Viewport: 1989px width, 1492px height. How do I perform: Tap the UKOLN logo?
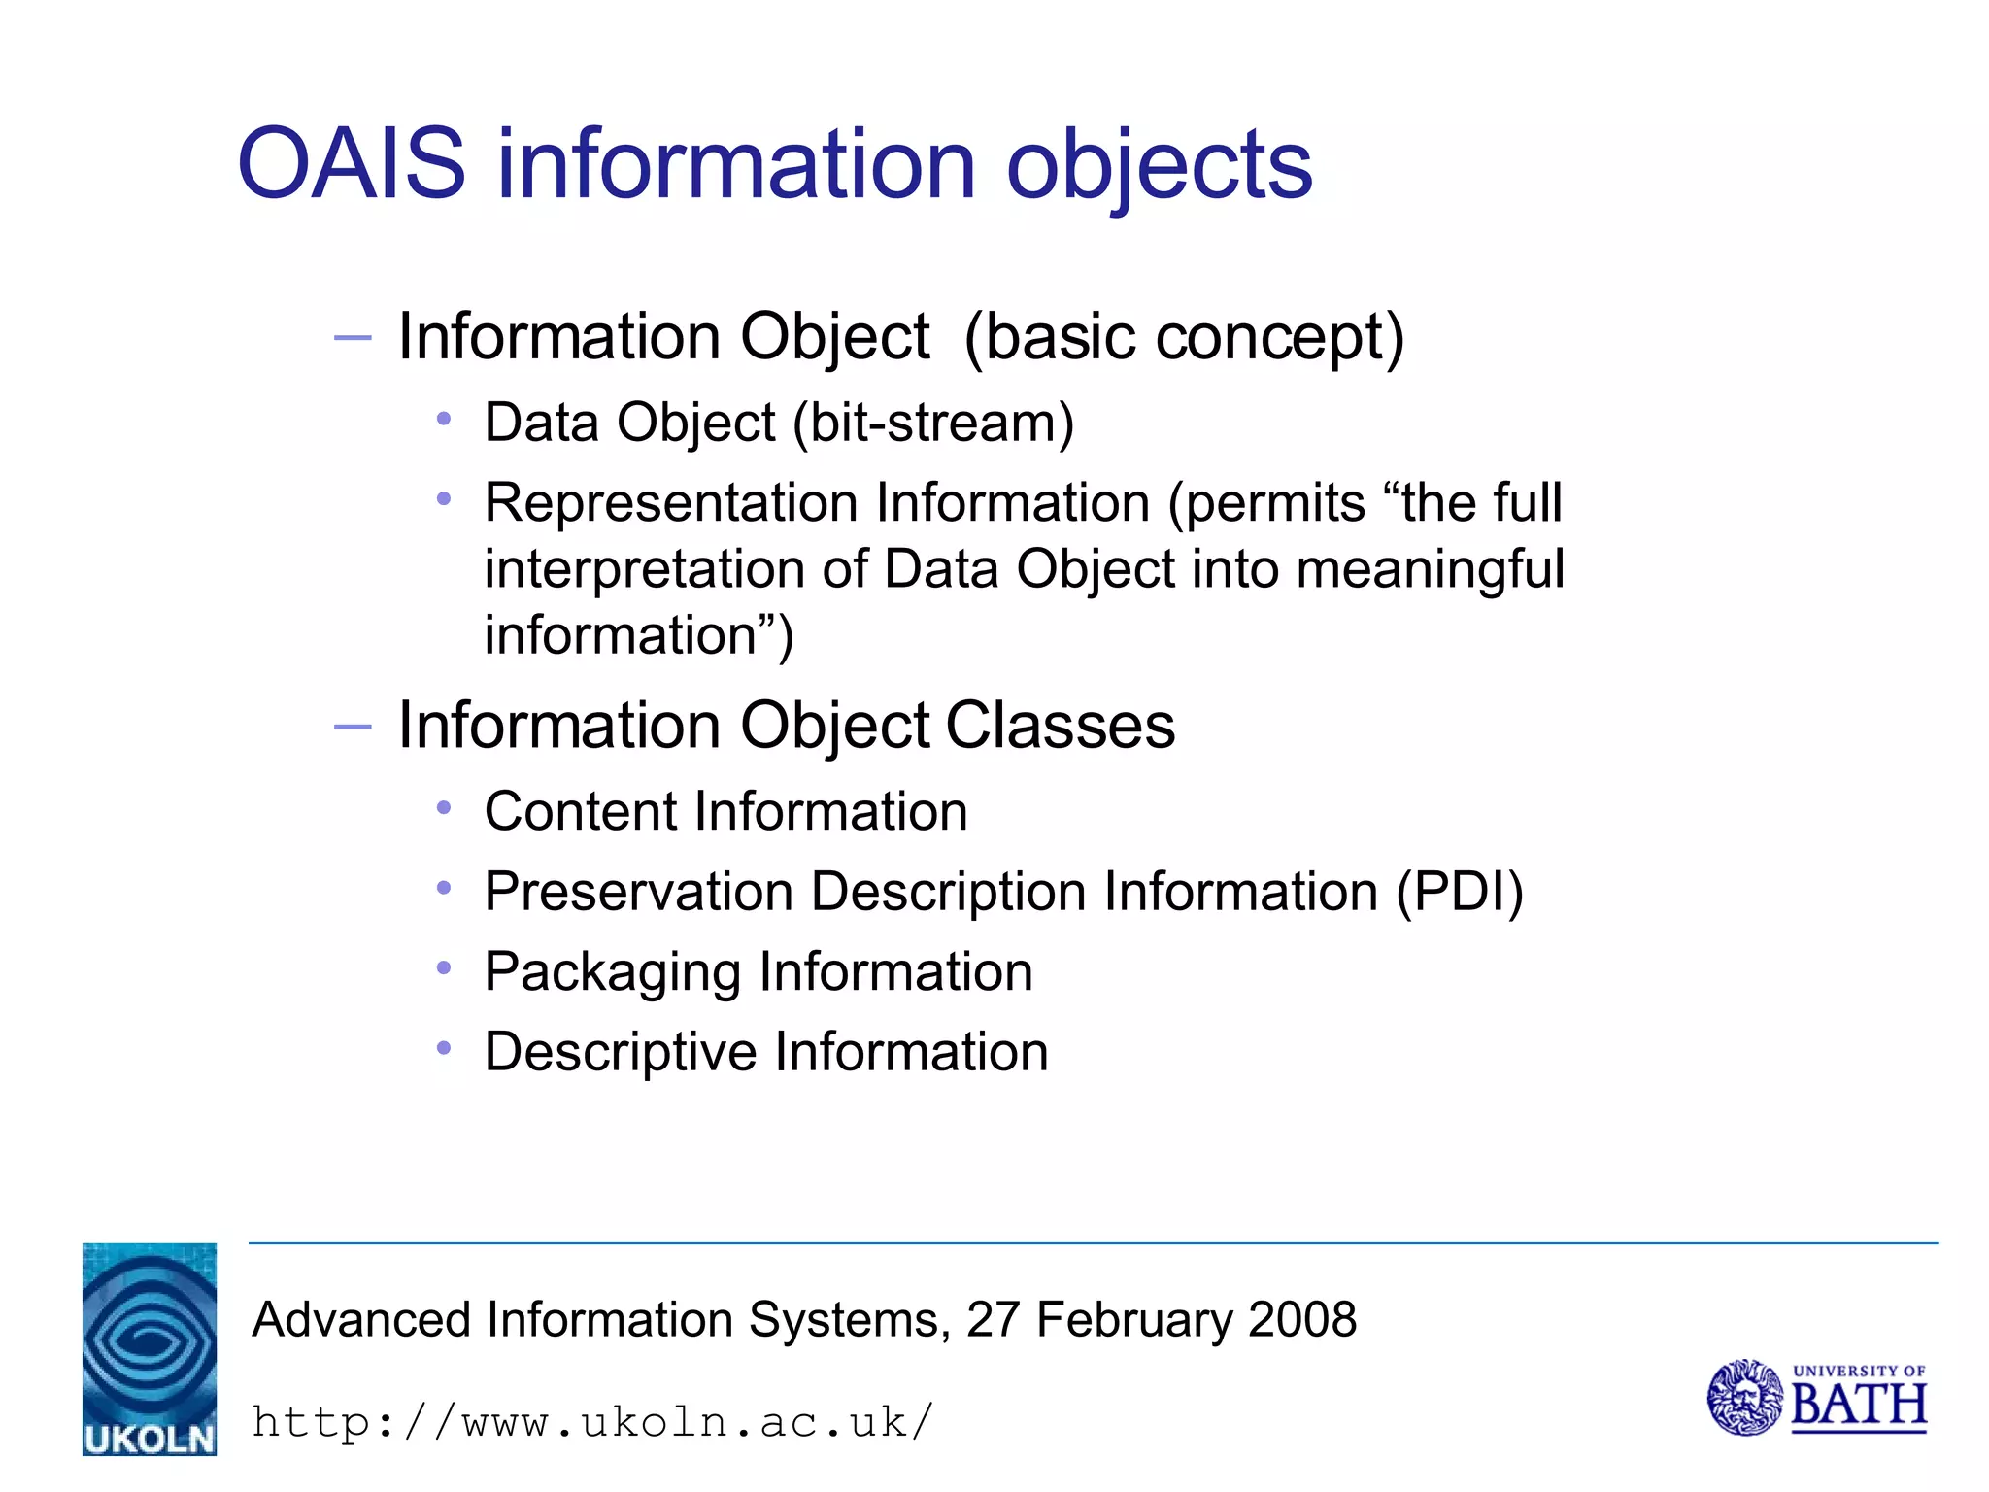point(150,1348)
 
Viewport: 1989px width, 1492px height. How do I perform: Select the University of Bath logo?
point(1816,1397)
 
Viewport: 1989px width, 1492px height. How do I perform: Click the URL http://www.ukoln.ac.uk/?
point(592,1422)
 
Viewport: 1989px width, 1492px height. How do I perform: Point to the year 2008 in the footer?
point(1301,1319)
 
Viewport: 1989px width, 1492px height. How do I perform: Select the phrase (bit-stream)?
point(933,424)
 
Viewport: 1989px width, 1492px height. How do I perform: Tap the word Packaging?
point(613,973)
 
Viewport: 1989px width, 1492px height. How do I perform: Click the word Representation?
point(671,503)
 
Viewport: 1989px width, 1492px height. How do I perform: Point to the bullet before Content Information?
point(444,808)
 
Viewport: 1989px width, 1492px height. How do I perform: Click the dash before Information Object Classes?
point(352,727)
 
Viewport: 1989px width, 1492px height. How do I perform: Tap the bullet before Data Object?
point(444,420)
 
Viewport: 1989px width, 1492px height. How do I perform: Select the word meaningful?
point(1430,569)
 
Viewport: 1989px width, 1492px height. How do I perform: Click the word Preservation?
point(638,892)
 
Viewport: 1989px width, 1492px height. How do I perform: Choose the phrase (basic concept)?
point(1184,338)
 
